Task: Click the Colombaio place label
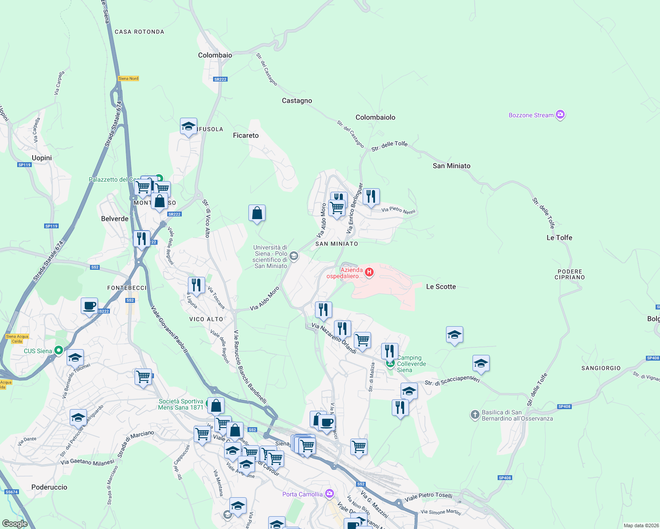coord(215,55)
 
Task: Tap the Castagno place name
coord(297,101)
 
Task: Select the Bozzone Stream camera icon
coord(560,115)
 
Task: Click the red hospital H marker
coord(369,272)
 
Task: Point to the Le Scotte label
coord(441,287)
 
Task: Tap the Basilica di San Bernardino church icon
coord(475,414)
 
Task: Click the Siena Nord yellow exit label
coord(128,78)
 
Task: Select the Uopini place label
coord(42,158)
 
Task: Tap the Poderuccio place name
coord(49,487)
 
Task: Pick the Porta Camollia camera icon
coord(329,493)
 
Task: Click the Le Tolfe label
coord(559,238)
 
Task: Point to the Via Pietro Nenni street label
coord(398,210)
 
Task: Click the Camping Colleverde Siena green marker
coord(390,363)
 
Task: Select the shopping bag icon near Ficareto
coord(257,213)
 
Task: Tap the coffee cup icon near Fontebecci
coord(90,305)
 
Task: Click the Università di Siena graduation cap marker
coord(294,256)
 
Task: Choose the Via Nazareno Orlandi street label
coord(334,338)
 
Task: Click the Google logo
coord(15,524)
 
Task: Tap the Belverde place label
coord(115,219)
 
